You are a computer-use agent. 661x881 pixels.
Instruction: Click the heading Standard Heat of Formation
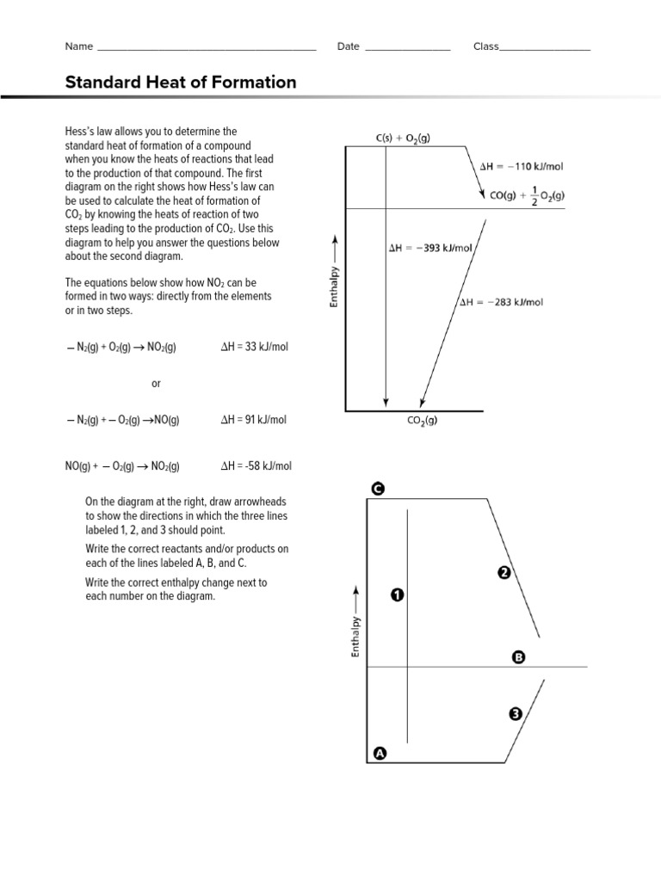point(181,83)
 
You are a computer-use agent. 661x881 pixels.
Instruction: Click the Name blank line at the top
point(207,48)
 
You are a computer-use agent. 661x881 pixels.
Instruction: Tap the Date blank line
point(407,48)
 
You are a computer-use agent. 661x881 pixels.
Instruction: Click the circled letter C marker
point(377,489)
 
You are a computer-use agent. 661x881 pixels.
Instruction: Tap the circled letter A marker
point(380,754)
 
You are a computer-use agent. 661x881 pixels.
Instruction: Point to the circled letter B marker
point(518,657)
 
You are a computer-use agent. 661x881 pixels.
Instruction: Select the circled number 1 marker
point(397,595)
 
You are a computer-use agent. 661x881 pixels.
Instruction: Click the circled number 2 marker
point(505,573)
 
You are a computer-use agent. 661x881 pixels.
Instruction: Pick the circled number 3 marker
point(516,713)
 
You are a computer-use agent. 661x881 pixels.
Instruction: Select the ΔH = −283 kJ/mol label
point(501,302)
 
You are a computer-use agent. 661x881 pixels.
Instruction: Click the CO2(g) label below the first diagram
point(422,422)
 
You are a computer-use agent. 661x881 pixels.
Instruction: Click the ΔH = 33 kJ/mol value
point(254,347)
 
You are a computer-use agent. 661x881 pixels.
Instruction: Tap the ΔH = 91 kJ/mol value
point(254,420)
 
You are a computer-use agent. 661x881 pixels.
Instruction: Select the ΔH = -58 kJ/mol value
point(256,466)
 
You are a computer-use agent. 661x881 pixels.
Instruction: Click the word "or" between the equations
point(156,384)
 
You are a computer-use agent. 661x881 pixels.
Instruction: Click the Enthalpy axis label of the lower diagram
point(355,637)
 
